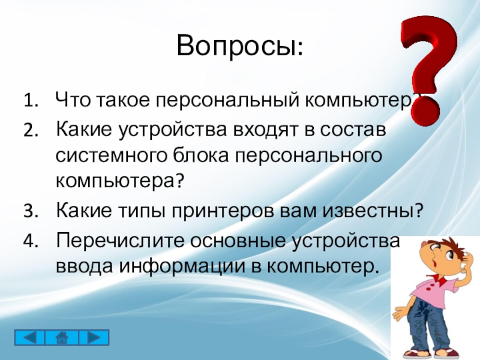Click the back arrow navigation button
29,338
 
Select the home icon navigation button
62,338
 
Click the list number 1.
30,100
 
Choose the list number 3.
30,211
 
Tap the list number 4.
30,241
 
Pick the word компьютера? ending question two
119,181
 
